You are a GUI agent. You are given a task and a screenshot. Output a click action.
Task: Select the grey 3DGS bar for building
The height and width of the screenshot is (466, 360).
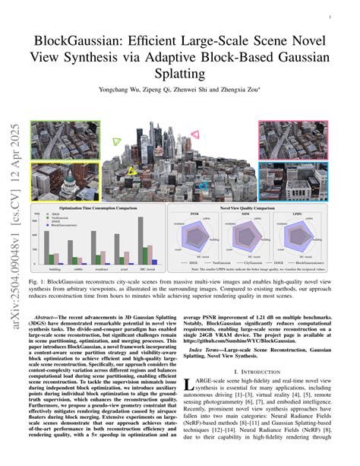[x=46, y=247]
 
